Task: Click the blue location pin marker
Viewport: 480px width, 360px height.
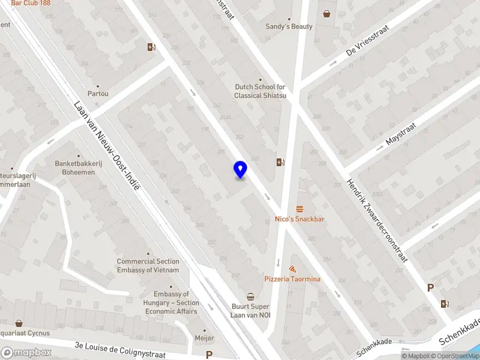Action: pyautogui.click(x=241, y=170)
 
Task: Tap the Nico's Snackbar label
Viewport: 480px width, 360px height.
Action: pyautogui.click(x=299, y=219)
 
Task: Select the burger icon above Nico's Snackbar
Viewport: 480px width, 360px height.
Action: pyautogui.click(x=299, y=209)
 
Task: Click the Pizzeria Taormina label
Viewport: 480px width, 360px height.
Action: pyautogui.click(x=292, y=279)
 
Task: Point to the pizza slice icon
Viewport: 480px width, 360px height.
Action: pyautogui.click(x=292, y=269)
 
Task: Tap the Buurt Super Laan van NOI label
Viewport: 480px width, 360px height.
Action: pyautogui.click(x=251, y=310)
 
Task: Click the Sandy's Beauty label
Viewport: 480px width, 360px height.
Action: pyautogui.click(x=289, y=26)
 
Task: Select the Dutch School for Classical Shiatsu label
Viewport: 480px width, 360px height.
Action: pyautogui.click(x=260, y=91)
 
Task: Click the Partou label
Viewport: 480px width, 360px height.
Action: pyautogui.click(x=98, y=94)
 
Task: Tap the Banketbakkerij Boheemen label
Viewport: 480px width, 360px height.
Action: pyautogui.click(x=75, y=167)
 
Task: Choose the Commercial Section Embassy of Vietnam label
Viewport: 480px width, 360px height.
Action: pyautogui.click(x=148, y=266)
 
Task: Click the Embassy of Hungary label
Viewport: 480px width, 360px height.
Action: pyautogui.click(x=176, y=302)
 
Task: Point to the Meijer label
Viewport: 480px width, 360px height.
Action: pyautogui.click(x=204, y=338)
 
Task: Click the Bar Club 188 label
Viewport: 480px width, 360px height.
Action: pyautogui.click(x=31, y=3)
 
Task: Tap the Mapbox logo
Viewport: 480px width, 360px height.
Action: pyautogui.click(x=26, y=352)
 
